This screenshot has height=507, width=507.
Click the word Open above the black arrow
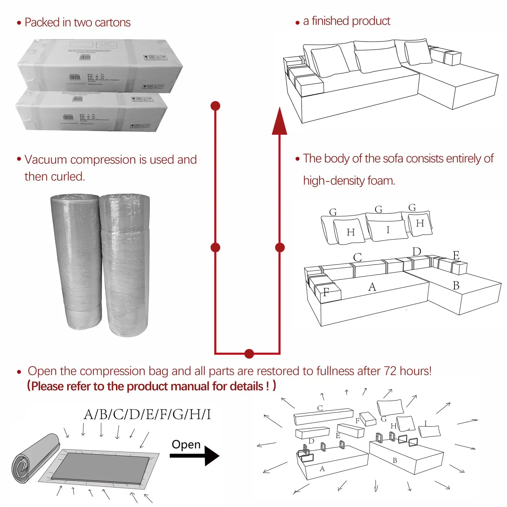pos(186,444)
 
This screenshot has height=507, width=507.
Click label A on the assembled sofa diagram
pos(372,287)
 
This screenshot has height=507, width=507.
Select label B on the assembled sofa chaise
pos(456,286)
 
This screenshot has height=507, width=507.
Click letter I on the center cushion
pos(388,230)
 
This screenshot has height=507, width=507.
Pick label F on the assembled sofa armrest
pos(326,292)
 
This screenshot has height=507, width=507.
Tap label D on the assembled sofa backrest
pos(417,252)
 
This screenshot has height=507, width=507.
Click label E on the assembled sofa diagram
pos(456,255)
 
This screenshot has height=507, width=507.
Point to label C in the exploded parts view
pos(320,408)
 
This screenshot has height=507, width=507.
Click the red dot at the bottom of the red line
pos(249,354)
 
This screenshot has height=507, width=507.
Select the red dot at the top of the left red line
pos(215,106)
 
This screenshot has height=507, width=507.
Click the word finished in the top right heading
pos(330,21)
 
